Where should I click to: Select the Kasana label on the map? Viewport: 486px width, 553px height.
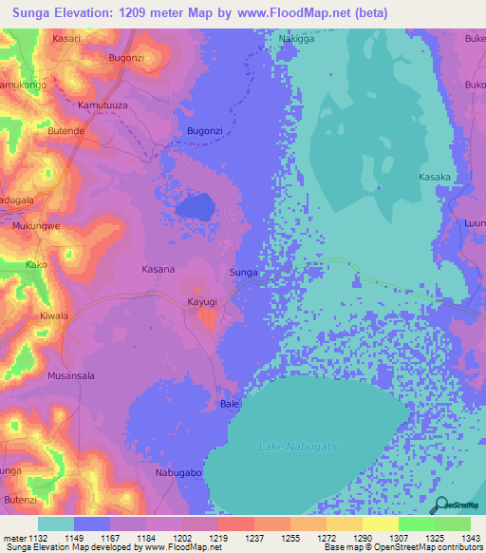[x=159, y=269]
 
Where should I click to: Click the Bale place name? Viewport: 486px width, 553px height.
[x=229, y=404]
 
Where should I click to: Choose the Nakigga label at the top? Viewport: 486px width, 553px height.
[x=295, y=39]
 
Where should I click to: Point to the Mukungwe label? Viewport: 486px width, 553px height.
[x=37, y=227]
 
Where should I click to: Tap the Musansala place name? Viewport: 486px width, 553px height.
[x=70, y=376]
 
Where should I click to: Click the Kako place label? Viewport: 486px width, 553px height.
[x=36, y=264]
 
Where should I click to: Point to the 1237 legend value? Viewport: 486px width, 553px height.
[x=253, y=537]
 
